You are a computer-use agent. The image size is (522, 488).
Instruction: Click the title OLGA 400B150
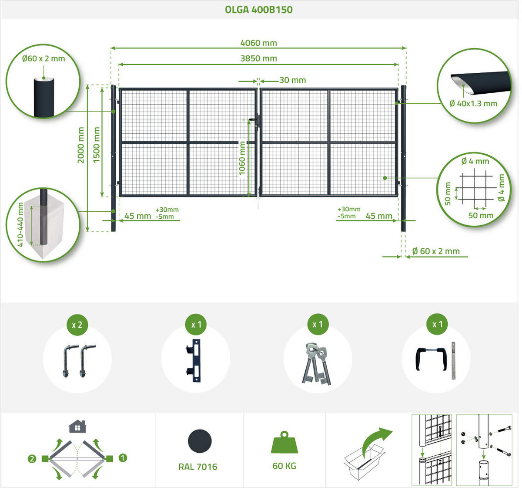[x=259, y=10]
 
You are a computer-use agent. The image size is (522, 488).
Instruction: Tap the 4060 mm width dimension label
[x=259, y=43]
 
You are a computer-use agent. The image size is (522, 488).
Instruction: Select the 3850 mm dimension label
[x=259, y=58]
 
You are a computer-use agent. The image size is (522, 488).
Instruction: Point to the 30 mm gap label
[x=293, y=80]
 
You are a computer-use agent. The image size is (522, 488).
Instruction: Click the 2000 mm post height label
[x=80, y=145]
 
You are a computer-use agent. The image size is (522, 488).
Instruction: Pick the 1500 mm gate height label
[x=97, y=145]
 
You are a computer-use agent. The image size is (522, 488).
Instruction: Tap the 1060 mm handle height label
[x=242, y=158]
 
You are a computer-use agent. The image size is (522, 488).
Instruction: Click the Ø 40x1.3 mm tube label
[x=473, y=104]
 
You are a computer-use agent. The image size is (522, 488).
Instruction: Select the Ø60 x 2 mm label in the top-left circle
[x=43, y=58]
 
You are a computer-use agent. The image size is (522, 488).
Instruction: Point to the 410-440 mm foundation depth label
[x=20, y=225]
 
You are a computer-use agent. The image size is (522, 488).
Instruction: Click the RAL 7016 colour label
[x=198, y=467]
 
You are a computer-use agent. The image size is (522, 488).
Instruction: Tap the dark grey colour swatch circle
[x=200, y=441]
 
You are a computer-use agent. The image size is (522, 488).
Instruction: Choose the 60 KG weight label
[x=284, y=466]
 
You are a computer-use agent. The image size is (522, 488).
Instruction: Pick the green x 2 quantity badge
[x=77, y=325]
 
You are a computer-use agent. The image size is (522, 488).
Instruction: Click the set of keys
[x=316, y=363]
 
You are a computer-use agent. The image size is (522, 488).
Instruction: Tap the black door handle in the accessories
[x=431, y=359]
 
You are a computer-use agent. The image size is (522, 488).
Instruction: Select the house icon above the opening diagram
[x=77, y=426]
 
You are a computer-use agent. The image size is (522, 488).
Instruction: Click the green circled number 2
[x=32, y=459]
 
